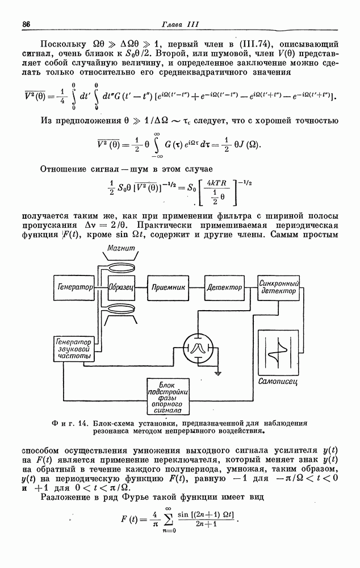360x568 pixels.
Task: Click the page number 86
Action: click(x=26, y=24)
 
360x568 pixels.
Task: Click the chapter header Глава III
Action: click(x=179, y=24)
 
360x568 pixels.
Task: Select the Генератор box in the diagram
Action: click(x=74, y=287)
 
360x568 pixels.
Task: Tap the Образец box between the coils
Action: click(x=121, y=287)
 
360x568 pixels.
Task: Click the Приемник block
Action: click(x=169, y=287)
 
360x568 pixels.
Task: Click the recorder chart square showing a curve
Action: click(x=278, y=350)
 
